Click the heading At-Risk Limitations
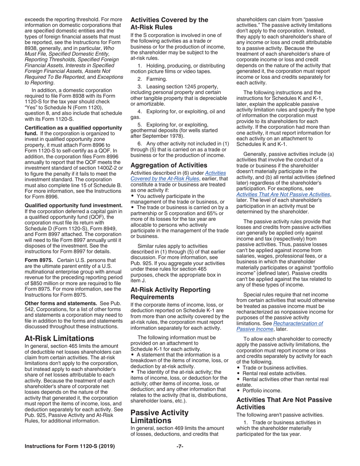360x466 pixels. tap(59, 338)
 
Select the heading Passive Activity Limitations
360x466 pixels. tap(159, 417)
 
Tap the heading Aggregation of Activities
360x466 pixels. tap(169, 165)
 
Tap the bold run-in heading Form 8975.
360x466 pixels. tap(38, 260)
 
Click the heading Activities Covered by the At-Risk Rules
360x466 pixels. tap(169, 23)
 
